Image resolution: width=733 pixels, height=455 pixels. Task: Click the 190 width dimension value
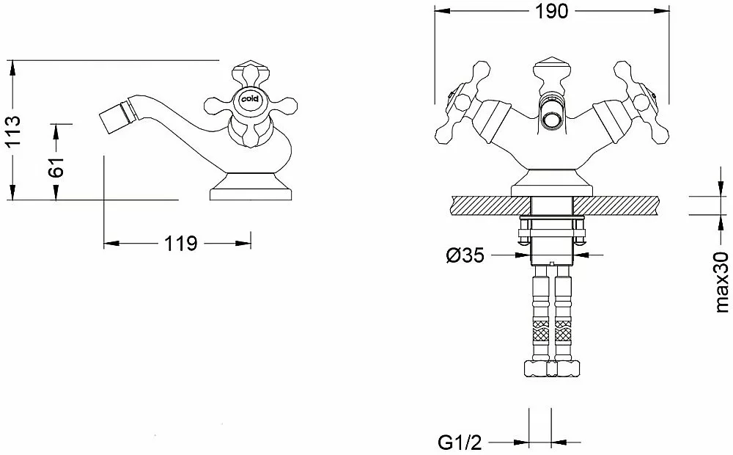coord(552,11)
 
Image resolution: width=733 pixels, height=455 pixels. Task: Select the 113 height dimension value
coord(12,130)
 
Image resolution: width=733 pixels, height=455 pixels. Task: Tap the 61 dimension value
coord(56,166)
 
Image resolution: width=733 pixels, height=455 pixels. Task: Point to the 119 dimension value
coord(180,244)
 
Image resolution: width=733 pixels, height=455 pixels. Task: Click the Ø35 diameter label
coord(465,255)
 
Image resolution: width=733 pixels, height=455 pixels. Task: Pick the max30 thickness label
coord(722,283)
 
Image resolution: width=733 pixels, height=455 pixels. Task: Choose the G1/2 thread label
coord(460,442)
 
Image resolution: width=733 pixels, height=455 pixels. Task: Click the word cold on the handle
coord(250,99)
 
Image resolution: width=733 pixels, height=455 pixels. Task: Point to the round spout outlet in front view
coord(551,114)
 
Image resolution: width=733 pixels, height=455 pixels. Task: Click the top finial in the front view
coord(552,68)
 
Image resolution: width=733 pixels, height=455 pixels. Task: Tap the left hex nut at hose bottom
coord(536,368)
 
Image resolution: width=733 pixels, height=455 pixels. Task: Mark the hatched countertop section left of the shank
coord(491,205)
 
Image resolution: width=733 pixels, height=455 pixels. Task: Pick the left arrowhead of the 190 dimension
coord(443,11)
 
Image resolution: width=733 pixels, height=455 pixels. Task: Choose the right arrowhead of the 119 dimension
coord(243,244)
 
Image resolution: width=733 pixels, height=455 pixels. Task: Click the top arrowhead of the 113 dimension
coord(12,68)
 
